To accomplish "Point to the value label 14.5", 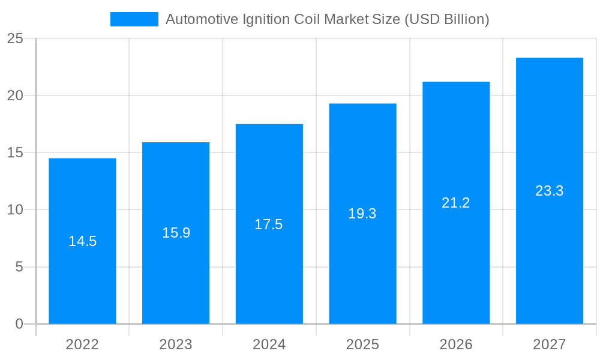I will point(82,241).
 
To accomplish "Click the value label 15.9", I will point(176,233).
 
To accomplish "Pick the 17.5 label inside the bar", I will point(269,224).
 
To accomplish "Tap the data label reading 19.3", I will point(362,214).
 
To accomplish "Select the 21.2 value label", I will point(456,203).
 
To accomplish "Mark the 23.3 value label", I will point(550,191).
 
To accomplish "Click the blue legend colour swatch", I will point(134,19).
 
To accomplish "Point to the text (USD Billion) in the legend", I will point(447,19).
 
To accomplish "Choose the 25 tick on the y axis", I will point(16,39).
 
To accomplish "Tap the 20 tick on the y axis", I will point(16,96).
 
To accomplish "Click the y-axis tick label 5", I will point(19,267).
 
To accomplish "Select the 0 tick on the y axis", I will point(19,324).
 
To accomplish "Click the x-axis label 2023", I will point(176,344).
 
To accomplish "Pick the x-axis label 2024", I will point(269,344).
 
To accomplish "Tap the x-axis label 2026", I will point(456,344).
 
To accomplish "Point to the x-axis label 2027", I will point(550,344).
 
